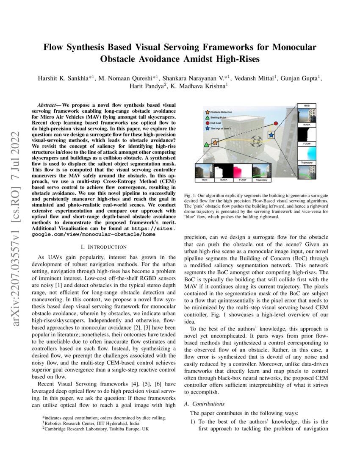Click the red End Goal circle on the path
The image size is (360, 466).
point(276,123)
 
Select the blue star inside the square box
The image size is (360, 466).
point(271,135)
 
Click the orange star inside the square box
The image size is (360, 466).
point(215,142)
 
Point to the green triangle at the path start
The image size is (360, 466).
point(206,145)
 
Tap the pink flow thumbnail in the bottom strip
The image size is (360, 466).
point(241,171)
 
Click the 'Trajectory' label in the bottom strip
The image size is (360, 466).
point(262,180)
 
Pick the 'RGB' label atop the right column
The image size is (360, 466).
point(307,105)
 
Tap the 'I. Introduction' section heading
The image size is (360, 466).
point(103,247)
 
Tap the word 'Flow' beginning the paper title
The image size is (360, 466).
point(54,47)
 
